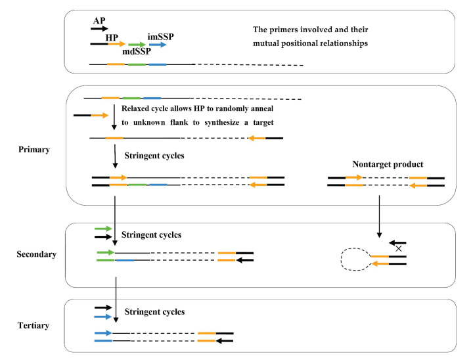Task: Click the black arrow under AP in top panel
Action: [99, 28]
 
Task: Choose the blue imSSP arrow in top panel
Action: [158, 45]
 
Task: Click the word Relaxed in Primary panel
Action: [137, 108]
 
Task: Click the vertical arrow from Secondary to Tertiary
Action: [116, 298]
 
